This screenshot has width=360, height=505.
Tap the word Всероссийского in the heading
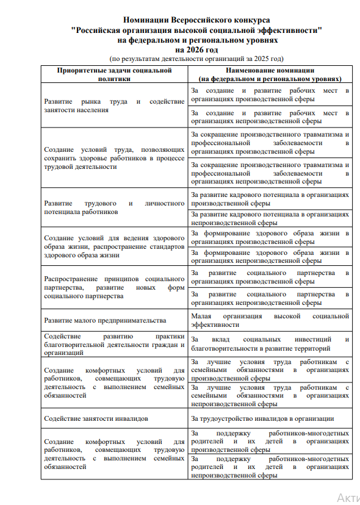click(198, 21)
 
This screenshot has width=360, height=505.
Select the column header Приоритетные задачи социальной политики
click(114, 74)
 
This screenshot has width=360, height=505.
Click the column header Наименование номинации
click(270, 74)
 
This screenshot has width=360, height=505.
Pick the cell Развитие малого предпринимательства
click(105, 320)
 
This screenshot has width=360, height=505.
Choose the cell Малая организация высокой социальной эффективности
click(270, 320)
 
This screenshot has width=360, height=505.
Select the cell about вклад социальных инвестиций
click(270, 344)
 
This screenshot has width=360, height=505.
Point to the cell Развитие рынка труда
click(114, 106)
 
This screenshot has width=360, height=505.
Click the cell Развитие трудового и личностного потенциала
click(114, 207)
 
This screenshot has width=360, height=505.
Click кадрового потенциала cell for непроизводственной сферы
click(270, 218)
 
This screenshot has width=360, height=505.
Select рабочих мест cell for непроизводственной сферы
click(270, 116)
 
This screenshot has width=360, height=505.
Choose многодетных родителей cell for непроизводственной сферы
click(270, 467)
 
